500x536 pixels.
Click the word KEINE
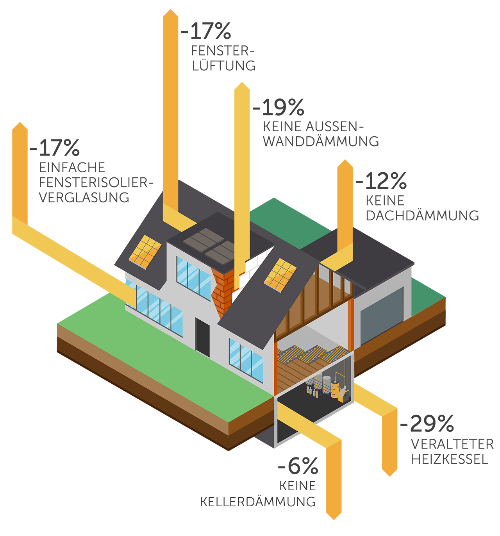tap(298, 486)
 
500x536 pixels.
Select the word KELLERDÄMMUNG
tap(258, 502)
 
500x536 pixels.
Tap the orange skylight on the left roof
tap(145, 252)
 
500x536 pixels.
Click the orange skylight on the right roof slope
tap(280, 275)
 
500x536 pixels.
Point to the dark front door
tap(203, 337)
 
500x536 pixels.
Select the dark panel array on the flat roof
tap(209, 245)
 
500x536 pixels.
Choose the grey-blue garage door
tap(381, 316)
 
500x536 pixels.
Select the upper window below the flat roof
tap(193, 277)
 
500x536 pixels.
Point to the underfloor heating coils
tap(312, 354)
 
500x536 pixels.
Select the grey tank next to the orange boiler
tap(326, 385)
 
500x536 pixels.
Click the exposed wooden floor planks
tap(297, 371)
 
